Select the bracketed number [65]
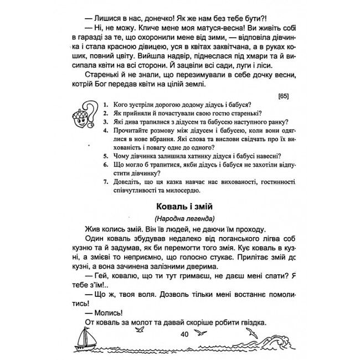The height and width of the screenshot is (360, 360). pyautogui.click(x=280, y=96)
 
